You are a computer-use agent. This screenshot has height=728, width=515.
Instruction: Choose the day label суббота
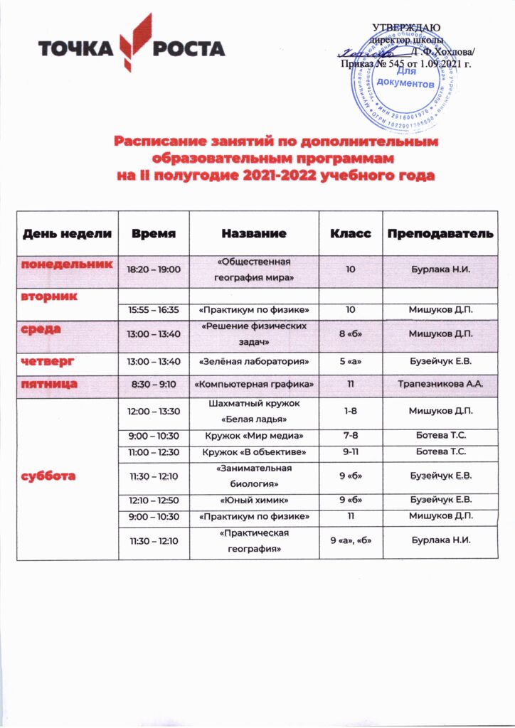[48, 476]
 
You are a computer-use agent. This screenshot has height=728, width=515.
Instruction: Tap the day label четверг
[48, 362]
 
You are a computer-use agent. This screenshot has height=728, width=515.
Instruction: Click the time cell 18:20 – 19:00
[154, 270]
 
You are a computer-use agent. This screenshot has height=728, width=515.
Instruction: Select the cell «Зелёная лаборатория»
[254, 362]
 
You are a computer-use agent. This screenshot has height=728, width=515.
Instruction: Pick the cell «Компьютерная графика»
[254, 384]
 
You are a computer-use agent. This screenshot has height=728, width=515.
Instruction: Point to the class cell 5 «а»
[351, 362]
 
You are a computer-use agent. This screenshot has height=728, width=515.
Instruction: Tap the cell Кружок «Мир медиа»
[254, 435]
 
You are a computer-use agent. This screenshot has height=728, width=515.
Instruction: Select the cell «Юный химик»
[254, 499]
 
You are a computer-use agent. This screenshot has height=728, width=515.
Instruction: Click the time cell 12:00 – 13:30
[154, 411]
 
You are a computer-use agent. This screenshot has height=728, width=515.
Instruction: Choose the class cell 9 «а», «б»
[351, 540]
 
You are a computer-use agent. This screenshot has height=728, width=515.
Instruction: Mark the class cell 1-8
[351, 411]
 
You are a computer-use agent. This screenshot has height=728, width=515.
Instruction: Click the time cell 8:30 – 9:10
[154, 384]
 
